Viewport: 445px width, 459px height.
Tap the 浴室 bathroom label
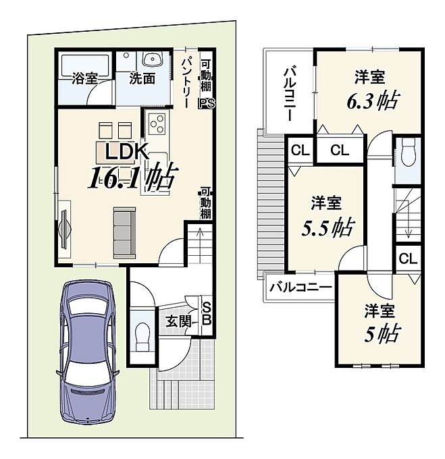pyautogui.click(x=84, y=78)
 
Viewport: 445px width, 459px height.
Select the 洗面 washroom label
pyautogui.click(x=142, y=78)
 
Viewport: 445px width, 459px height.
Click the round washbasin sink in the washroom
pyautogui.click(x=153, y=58)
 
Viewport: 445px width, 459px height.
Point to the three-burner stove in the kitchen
pyautogui.click(x=157, y=124)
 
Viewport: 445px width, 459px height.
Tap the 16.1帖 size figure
pyautogui.click(x=133, y=176)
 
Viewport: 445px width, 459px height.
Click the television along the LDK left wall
pyautogui.click(x=64, y=229)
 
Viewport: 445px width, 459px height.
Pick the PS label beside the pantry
pyautogui.click(x=207, y=104)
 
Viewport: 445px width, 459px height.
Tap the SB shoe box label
pyautogui.click(x=207, y=314)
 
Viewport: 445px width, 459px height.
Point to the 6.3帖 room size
pyautogui.click(x=372, y=101)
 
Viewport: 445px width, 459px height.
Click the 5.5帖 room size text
pyautogui.click(x=328, y=227)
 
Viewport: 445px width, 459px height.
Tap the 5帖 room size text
pyautogui.click(x=382, y=334)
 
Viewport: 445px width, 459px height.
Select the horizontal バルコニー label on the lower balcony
pyautogui.click(x=300, y=288)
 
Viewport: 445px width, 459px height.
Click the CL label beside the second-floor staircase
pyautogui.click(x=408, y=259)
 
